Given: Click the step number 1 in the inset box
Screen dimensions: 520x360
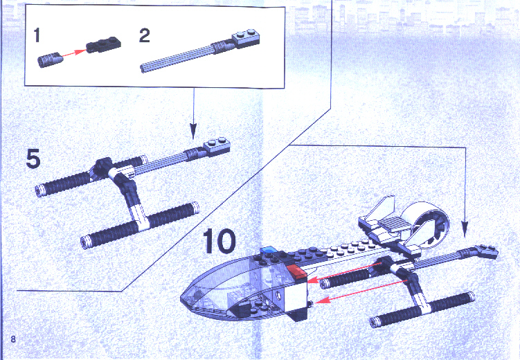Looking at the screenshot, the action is coord(37,35).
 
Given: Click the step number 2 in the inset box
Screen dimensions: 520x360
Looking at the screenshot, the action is coord(145,35).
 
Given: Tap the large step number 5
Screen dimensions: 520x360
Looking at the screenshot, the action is coord(33,159).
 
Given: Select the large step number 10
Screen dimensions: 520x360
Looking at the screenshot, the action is coord(219,241).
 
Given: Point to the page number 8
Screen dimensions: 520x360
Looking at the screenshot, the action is coord(13,339).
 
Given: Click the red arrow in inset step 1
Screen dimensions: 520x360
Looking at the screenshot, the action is coord(74,53).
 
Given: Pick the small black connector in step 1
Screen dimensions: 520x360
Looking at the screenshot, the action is coord(50,60).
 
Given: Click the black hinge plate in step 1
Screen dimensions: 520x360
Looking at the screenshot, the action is coord(103,44).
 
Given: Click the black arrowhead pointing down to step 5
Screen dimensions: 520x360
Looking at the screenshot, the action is coord(193,131).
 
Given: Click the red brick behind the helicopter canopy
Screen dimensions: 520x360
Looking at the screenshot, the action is coord(296,271).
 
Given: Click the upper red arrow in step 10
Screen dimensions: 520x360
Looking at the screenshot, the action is coord(344,272).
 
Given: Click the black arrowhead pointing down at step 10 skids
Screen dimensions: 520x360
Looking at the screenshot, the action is coord(465,229).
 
